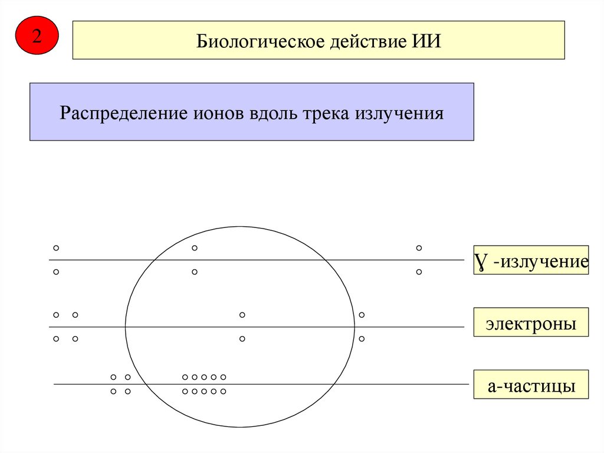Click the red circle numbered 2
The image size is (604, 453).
tap(37, 37)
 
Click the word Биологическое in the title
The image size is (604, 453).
tap(251, 42)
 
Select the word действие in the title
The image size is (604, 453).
tap(356, 42)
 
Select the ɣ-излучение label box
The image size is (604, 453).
tap(531, 261)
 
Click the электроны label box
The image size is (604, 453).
tap(531, 322)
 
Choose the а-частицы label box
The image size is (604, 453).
tap(531, 385)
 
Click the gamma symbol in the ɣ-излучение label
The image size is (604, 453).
tap(481, 262)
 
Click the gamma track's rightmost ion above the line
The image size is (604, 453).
tap(419, 248)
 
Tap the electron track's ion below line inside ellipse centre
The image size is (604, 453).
tap(242, 339)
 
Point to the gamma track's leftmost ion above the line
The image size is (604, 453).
tap(56, 248)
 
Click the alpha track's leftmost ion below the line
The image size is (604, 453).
tap(113, 391)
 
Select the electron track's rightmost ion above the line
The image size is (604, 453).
tap(362, 315)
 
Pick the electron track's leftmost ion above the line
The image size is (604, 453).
tap(56, 315)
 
